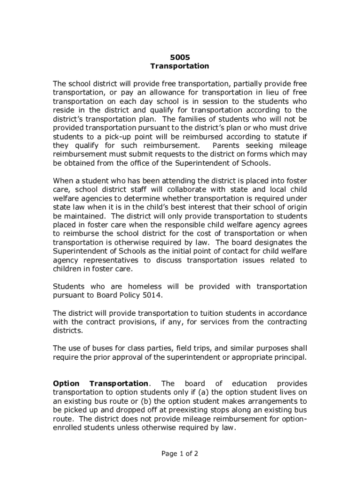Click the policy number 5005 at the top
(180, 57)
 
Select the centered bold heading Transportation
(180, 66)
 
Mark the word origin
(296, 207)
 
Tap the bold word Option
(66, 383)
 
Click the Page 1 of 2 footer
(180, 453)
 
